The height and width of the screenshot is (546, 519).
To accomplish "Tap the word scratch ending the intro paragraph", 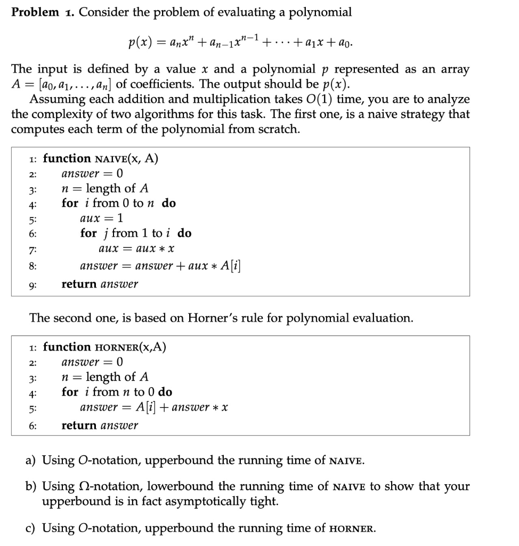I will pyautogui.click(x=274, y=130).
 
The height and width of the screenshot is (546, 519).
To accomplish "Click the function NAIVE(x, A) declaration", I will pyautogui.click(x=100, y=159).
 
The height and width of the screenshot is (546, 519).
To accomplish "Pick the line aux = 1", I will pyautogui.click(x=101, y=218).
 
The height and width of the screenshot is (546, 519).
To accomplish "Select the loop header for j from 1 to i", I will pyautogui.click(x=135, y=233).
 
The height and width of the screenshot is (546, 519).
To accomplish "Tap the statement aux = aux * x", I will pyautogui.click(x=137, y=249).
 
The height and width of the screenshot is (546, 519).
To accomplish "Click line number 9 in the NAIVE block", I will pyautogui.click(x=33, y=285).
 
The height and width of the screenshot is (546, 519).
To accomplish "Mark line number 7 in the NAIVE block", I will pyautogui.click(x=33, y=250).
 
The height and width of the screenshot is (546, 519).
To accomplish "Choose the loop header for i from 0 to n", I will pyautogui.click(x=118, y=203).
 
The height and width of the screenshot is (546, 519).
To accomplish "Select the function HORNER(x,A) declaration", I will pyautogui.click(x=104, y=348).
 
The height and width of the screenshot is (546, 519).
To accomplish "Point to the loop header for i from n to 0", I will pyautogui.click(x=117, y=392).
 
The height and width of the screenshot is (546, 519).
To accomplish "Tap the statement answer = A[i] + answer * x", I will pyautogui.click(x=154, y=407).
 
